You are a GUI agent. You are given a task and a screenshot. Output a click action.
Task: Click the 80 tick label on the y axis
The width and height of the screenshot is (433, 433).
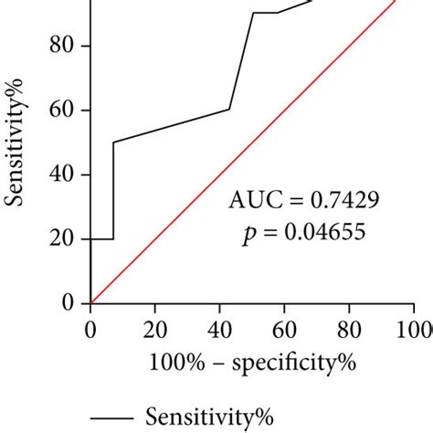click(x=64, y=46)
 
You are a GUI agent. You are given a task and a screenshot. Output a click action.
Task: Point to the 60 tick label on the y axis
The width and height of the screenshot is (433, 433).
click(x=64, y=111)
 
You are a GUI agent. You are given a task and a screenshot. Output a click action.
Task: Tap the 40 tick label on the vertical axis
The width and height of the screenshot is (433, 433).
click(x=64, y=174)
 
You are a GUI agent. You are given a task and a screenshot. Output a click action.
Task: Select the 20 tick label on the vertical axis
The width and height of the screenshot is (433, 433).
click(x=64, y=239)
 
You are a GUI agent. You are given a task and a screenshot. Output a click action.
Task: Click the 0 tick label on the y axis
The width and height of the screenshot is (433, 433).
click(x=69, y=303)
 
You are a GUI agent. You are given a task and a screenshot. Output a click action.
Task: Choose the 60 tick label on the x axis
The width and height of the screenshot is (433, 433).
click(x=284, y=328)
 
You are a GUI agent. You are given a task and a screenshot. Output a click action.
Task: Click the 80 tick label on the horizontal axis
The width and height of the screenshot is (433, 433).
click(x=349, y=328)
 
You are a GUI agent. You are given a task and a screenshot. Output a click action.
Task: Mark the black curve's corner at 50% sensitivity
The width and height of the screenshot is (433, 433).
click(x=113, y=142)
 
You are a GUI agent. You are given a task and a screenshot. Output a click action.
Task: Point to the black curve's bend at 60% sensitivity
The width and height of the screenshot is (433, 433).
click(x=228, y=110)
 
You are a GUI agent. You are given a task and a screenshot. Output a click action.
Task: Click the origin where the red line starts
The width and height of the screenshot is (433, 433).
click(x=90, y=302)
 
